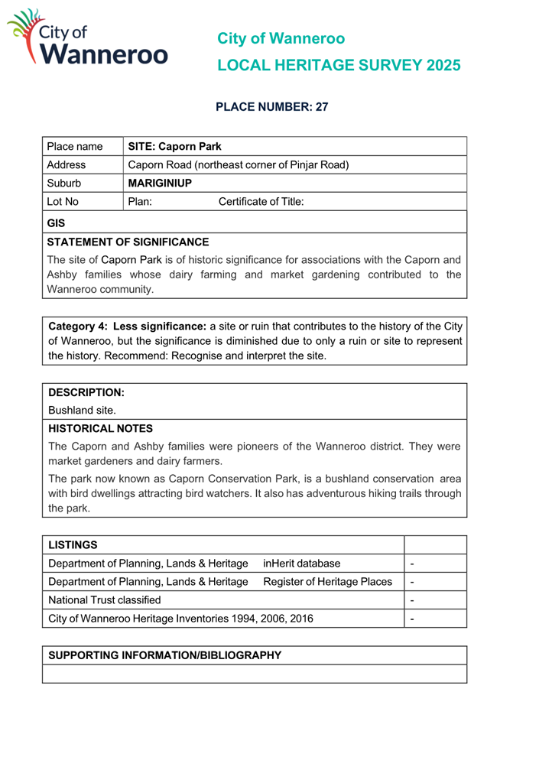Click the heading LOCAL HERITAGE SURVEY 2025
point(339,66)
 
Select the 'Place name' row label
point(74,146)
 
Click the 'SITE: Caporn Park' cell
point(174,146)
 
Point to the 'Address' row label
point(67,164)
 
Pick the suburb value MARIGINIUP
point(160,184)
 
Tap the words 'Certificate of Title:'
point(261,202)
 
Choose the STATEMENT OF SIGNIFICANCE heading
point(128,241)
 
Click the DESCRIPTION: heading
point(86,392)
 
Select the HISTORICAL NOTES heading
point(100,428)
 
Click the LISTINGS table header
point(73,544)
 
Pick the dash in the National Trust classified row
point(412,600)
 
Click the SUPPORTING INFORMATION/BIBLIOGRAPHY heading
point(165,655)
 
